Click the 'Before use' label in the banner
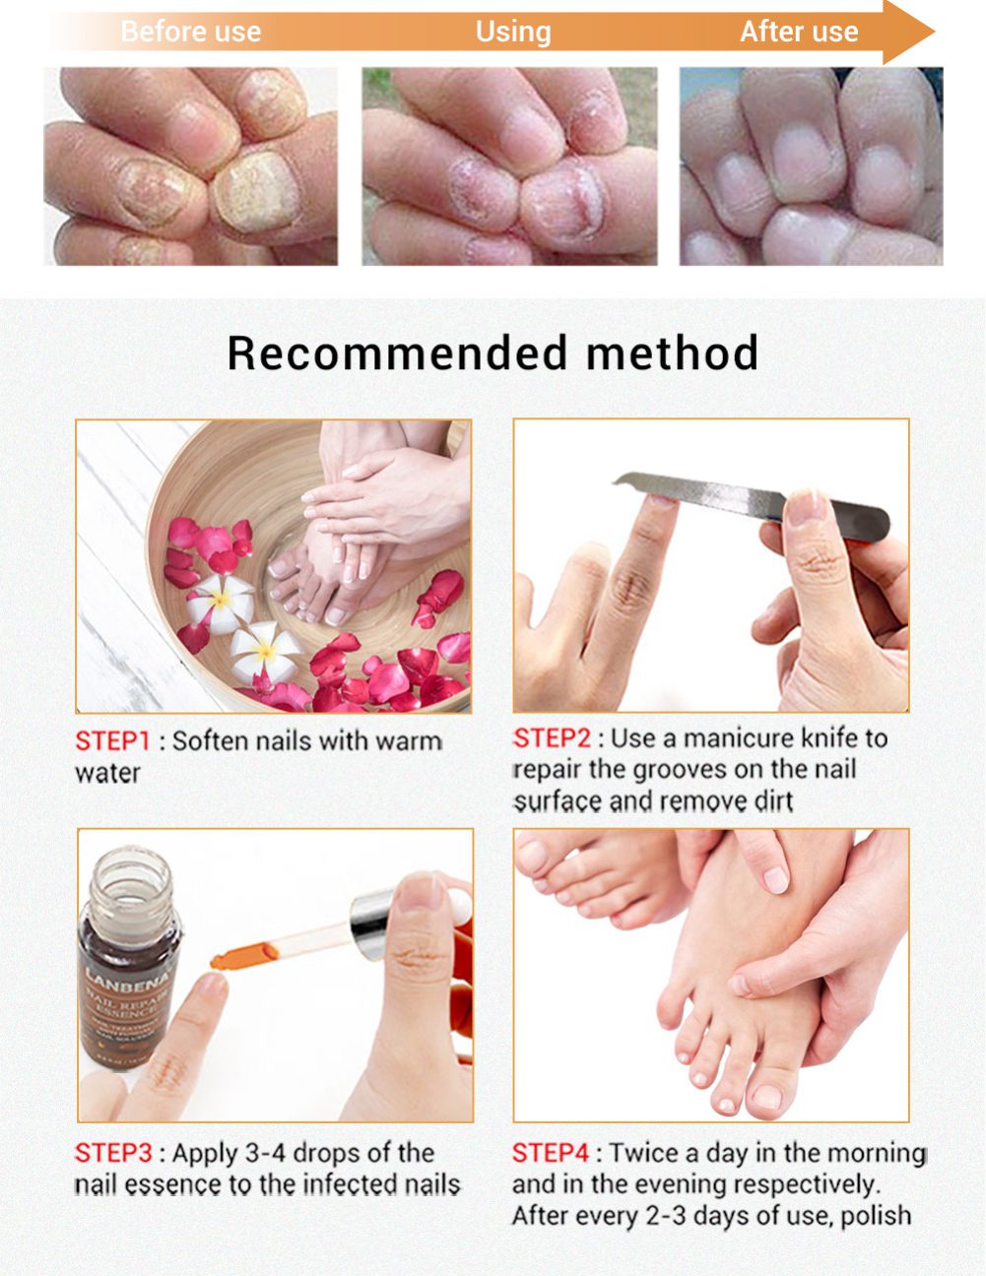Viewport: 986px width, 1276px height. (190, 32)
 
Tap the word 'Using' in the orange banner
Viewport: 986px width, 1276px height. (512, 32)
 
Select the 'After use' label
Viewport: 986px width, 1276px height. (798, 32)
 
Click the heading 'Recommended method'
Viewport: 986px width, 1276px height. (493, 352)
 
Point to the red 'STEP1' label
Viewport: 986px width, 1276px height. (112, 741)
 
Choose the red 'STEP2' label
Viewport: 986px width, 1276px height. (552, 738)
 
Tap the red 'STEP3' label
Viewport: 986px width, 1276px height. (113, 1153)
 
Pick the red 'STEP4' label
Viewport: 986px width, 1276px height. (550, 1153)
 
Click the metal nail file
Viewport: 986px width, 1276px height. (729, 497)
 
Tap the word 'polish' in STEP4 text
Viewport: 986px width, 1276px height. (875, 1216)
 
